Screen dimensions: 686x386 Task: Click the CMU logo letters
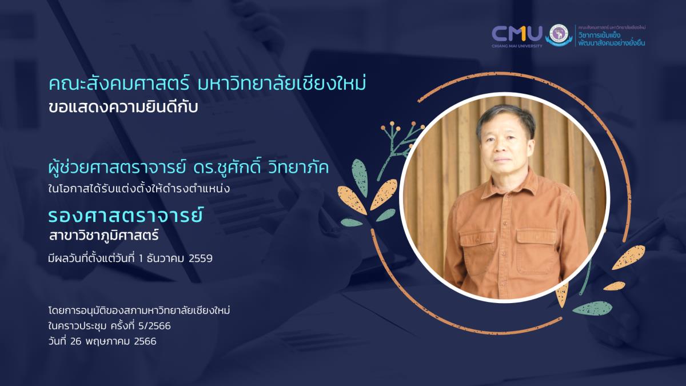[517, 34]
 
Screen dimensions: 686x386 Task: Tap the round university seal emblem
[559, 34]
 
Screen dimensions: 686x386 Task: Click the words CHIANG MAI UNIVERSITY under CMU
[517, 46]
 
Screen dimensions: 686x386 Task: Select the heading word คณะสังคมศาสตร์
[119, 84]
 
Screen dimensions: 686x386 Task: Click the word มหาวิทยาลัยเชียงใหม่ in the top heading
[282, 84]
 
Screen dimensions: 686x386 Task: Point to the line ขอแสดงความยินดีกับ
[123, 108]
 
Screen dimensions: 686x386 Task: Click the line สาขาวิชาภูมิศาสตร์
[103, 236]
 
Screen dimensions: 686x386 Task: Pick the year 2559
[201, 259]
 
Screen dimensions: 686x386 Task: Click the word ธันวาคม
[165, 259]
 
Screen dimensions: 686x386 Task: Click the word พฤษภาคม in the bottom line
[108, 341]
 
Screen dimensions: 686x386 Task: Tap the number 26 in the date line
[75, 341]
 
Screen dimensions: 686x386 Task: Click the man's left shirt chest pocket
[537, 250]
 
